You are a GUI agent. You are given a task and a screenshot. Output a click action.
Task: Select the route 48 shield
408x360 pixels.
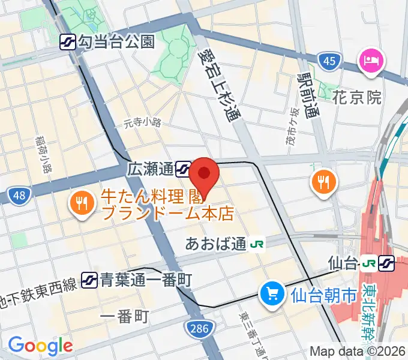[x=19, y=194]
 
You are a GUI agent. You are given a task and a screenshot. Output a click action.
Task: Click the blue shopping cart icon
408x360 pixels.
[x=272, y=293]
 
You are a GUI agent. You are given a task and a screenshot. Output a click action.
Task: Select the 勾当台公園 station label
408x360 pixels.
[x=116, y=41]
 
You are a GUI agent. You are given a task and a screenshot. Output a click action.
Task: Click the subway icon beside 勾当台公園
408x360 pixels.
[x=68, y=41]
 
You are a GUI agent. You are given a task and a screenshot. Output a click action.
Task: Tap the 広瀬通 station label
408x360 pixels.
[x=151, y=169]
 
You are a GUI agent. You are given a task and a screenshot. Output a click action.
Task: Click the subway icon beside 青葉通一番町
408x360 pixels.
[x=90, y=279]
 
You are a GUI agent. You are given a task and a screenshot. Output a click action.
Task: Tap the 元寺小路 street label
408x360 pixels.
[x=143, y=123]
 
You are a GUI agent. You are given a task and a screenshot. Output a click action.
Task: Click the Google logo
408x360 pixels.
[x=40, y=346]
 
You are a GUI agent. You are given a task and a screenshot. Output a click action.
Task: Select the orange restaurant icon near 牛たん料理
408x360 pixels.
[x=80, y=203]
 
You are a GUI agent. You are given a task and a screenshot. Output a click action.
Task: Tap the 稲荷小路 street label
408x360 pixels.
[x=43, y=153]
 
